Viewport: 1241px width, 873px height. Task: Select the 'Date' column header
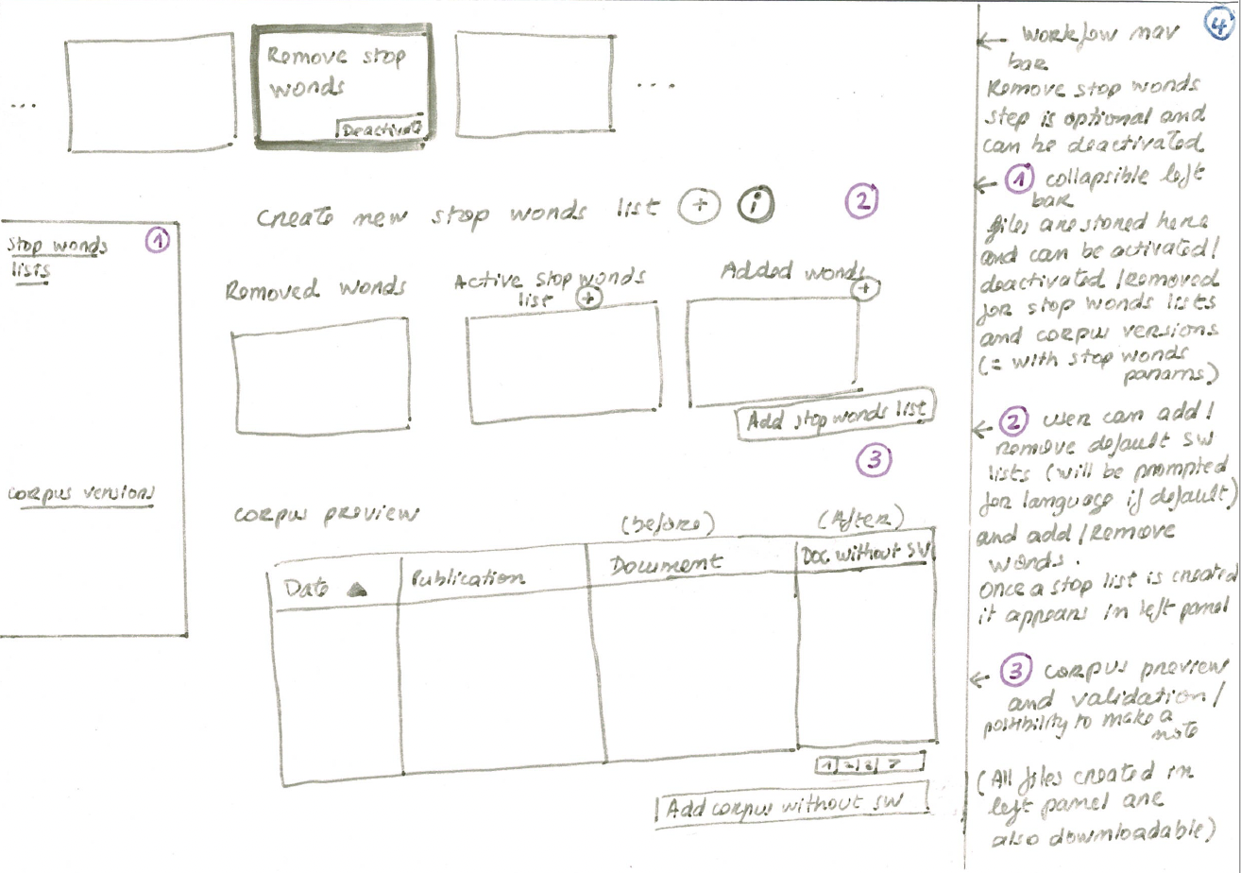[x=305, y=587]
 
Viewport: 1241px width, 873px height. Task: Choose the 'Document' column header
[x=666, y=564]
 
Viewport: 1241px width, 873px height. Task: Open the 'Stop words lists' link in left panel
[x=57, y=256]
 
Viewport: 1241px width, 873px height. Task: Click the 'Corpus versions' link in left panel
[x=79, y=494]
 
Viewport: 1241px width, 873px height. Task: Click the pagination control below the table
[x=871, y=763]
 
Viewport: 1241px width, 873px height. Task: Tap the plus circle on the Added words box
[x=860, y=289]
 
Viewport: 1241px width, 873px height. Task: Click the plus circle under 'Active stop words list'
[x=588, y=299]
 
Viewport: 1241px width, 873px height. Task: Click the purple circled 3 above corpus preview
[x=873, y=460]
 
